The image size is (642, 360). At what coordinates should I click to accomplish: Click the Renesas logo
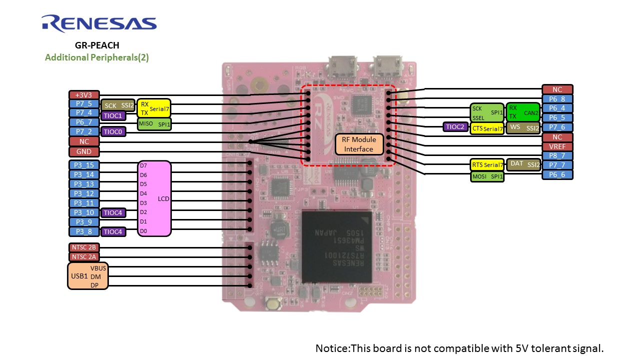click(99, 24)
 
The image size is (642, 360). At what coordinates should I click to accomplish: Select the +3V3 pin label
click(83, 94)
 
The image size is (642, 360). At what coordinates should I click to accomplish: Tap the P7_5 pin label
click(83, 104)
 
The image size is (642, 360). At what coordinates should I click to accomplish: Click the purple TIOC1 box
click(113, 115)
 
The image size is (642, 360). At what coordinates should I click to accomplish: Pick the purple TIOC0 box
click(113, 132)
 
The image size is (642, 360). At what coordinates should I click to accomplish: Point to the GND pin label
click(83, 151)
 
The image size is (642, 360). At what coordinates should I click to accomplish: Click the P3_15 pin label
click(83, 165)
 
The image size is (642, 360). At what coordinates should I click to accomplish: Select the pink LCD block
click(154, 198)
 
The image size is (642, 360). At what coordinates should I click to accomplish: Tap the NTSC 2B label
click(83, 247)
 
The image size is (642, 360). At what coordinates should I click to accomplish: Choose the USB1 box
click(87, 276)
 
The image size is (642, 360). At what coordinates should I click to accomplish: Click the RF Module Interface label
click(359, 144)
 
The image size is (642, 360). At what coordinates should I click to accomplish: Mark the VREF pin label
click(557, 146)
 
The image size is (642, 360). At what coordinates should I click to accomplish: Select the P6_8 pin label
click(557, 99)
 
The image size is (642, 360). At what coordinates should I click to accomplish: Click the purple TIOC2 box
click(456, 127)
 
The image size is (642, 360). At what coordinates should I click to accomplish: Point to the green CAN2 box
click(523, 112)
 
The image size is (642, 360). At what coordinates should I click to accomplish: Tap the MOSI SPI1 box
click(487, 176)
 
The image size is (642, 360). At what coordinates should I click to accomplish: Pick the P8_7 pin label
click(557, 156)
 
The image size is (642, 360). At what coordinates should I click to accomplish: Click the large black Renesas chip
click(337, 246)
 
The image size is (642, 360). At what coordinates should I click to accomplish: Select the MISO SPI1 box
click(154, 124)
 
